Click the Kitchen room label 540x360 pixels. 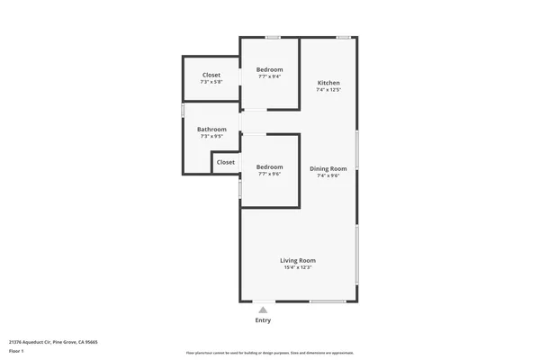coord(328,83)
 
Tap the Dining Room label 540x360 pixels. coord(328,168)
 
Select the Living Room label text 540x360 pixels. coord(298,260)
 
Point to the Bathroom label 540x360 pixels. coord(211,130)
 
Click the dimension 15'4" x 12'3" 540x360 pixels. coord(298,267)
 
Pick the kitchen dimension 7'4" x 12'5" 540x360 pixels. coord(328,90)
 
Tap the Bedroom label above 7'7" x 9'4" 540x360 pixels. coord(269,69)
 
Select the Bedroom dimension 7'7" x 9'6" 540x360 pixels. coord(269,174)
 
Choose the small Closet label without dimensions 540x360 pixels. coord(226,162)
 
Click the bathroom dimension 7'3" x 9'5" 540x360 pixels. coord(211,137)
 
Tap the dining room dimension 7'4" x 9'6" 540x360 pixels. coord(328,175)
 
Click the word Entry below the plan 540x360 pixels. coord(263,319)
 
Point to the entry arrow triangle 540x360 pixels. coord(263,310)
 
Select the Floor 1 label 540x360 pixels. coord(17,351)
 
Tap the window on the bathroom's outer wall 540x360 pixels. coord(183,110)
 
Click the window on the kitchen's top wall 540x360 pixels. coord(343,37)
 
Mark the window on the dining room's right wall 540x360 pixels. coord(357,149)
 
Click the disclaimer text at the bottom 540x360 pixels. coord(269,353)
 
